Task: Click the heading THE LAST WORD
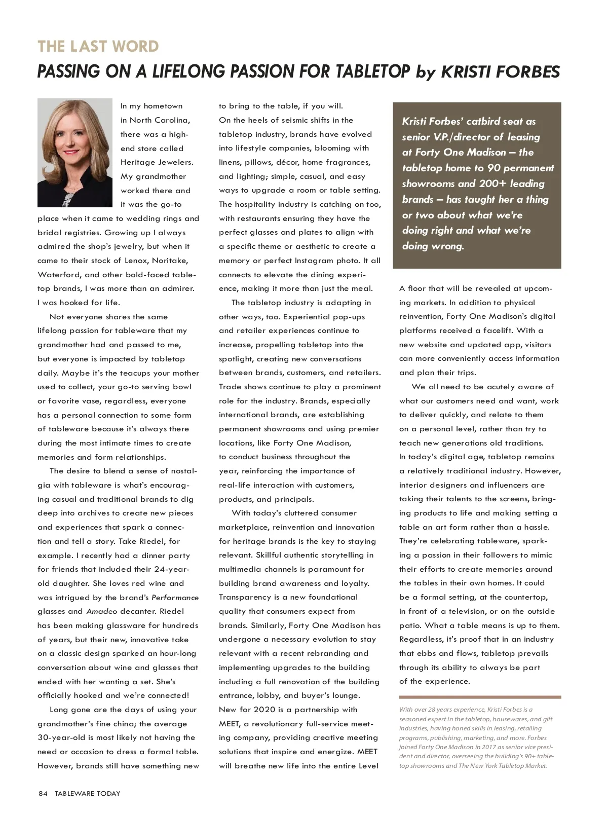(x=98, y=47)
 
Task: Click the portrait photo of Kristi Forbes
(x=74, y=153)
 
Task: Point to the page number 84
(x=43, y=793)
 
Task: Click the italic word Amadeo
(x=99, y=611)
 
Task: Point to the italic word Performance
(x=175, y=598)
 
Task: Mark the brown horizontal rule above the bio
(x=480, y=697)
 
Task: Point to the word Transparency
(x=245, y=597)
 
